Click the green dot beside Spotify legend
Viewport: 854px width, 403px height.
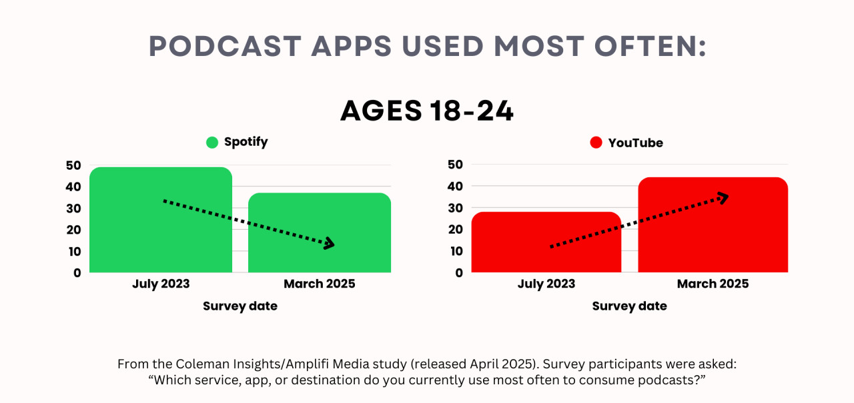tap(212, 142)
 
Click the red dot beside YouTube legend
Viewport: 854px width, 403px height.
tap(596, 143)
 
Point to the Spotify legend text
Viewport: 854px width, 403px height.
tap(246, 142)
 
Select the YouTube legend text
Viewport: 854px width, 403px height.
tap(635, 143)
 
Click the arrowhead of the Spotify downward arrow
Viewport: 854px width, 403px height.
tap(329, 244)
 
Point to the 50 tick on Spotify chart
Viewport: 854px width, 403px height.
tap(73, 165)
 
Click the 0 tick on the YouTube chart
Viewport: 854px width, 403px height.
tap(459, 272)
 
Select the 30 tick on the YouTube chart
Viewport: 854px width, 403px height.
tap(455, 208)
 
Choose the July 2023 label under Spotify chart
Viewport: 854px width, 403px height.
tap(161, 284)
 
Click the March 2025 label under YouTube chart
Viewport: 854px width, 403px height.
tap(713, 284)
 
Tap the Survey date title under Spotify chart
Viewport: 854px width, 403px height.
tap(240, 306)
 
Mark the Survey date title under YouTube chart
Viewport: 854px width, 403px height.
tap(629, 306)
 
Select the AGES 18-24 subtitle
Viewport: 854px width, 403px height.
tap(427, 111)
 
